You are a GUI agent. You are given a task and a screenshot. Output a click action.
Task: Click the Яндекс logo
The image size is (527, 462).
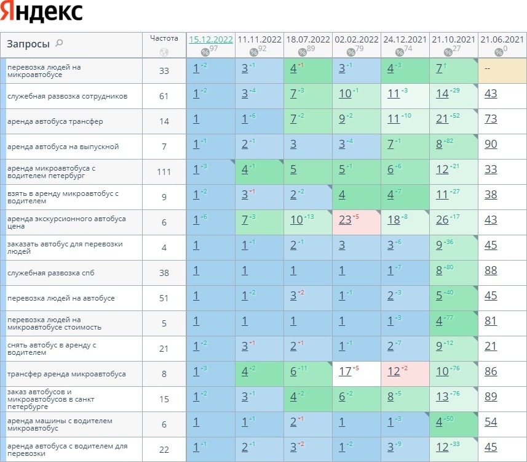42,12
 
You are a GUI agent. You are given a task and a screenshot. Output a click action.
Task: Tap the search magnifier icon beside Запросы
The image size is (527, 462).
59,43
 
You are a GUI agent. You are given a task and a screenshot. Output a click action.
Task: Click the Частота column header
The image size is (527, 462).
164,38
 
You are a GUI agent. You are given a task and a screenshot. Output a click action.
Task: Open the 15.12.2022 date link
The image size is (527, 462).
211,39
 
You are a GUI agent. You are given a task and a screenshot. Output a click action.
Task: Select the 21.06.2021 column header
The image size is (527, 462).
502,39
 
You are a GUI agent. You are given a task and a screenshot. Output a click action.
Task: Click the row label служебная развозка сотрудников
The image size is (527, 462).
67,96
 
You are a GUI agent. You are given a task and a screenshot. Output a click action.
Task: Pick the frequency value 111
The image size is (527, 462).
164,172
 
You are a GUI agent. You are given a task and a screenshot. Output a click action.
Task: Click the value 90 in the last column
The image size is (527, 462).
491,147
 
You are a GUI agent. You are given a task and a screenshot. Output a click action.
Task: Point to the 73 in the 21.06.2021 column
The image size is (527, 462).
491,121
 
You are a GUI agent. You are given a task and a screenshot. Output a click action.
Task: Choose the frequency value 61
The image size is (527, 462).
164,96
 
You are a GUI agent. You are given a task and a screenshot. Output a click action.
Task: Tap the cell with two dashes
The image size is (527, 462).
487,68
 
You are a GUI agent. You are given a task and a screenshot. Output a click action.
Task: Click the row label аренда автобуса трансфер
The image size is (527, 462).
55,121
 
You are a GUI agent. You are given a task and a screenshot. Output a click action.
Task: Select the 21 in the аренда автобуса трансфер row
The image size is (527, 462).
442,121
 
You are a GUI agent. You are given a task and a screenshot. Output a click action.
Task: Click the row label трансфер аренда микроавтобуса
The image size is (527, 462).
66,374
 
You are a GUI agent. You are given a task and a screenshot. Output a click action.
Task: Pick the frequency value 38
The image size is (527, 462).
164,273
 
